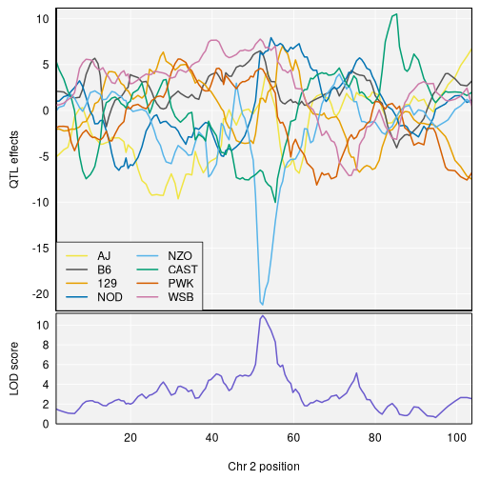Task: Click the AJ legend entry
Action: [104, 256]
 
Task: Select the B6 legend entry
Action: [104, 270]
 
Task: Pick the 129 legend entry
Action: [105, 283]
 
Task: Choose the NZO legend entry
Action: [180, 256]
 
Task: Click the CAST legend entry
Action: [182, 270]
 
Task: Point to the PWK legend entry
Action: [181, 283]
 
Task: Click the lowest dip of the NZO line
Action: [263, 304]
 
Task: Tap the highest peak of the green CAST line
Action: [395, 14]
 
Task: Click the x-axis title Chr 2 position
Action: [264, 467]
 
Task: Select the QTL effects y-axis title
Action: [14, 158]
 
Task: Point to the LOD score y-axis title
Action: [14, 369]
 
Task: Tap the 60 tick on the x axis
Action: [294, 437]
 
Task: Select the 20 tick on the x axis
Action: [130, 437]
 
